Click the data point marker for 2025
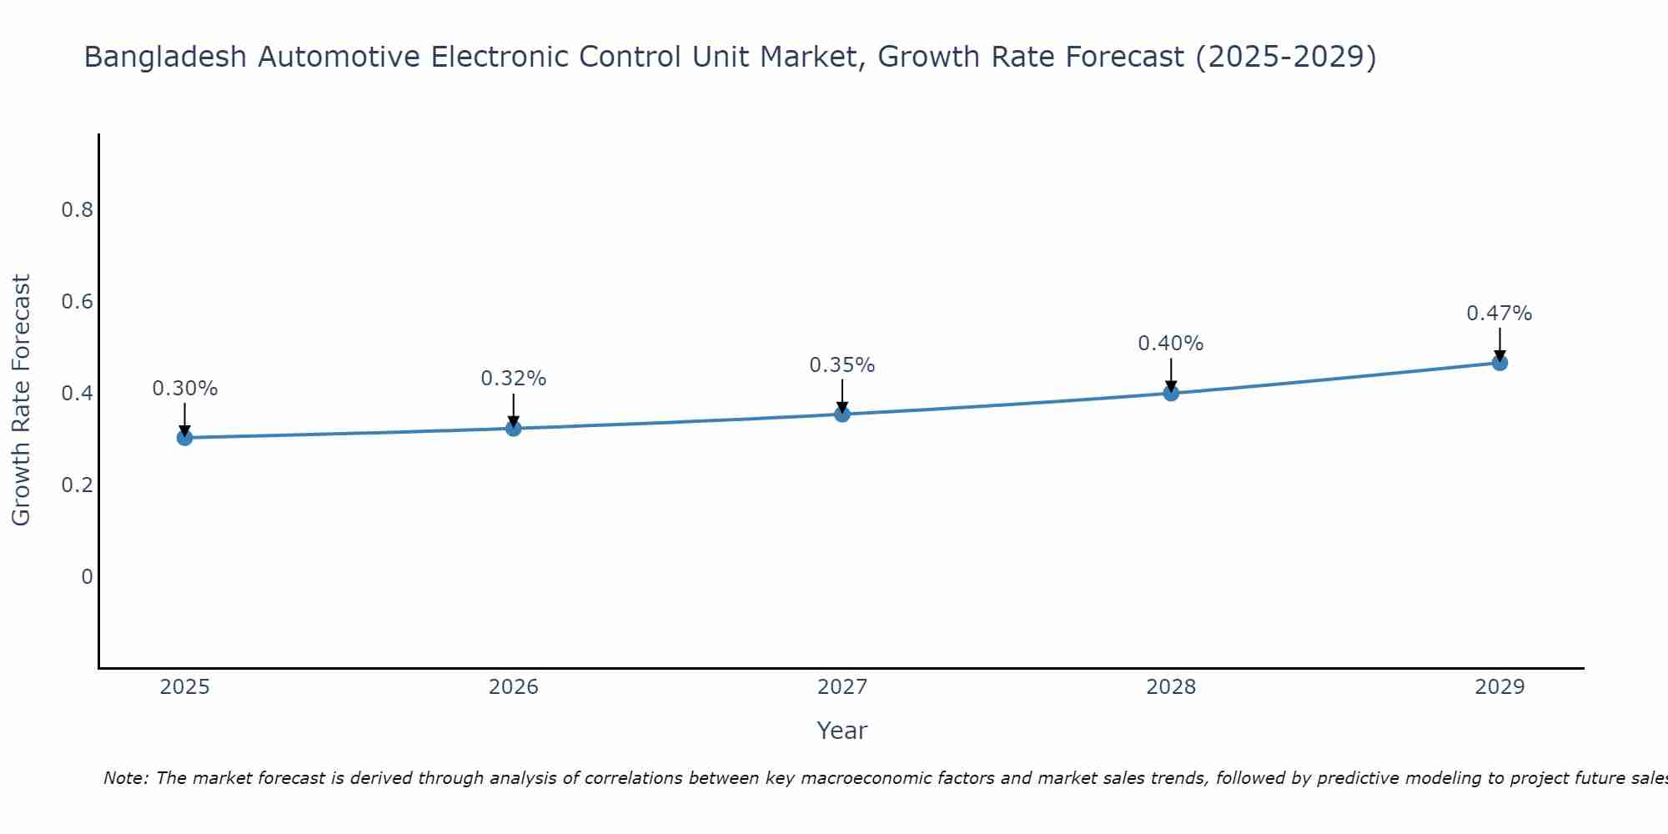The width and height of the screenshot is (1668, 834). [184, 437]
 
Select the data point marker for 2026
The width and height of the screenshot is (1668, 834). [513, 428]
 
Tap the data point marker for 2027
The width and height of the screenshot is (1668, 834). [842, 414]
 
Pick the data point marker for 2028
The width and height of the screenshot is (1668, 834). [1170, 393]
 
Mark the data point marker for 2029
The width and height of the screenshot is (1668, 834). [1499, 363]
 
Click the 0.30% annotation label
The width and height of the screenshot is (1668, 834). [184, 389]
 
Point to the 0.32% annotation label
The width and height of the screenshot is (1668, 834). [513, 379]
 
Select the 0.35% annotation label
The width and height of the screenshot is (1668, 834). [842, 365]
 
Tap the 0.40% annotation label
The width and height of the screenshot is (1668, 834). [1170, 344]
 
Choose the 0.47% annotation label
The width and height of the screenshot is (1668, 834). [1499, 314]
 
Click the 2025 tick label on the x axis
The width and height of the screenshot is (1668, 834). [184, 687]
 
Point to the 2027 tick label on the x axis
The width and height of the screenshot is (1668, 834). [842, 687]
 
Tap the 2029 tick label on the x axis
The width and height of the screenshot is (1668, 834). [1499, 687]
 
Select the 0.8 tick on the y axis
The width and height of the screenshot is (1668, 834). [77, 209]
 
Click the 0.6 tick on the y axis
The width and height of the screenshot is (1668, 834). [77, 301]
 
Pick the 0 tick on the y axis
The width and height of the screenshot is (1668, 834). [87, 576]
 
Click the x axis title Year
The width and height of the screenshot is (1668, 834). [842, 731]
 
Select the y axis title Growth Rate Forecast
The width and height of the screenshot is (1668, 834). [21, 399]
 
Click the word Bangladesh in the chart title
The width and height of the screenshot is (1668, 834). [165, 57]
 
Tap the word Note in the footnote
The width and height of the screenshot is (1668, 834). [124, 778]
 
